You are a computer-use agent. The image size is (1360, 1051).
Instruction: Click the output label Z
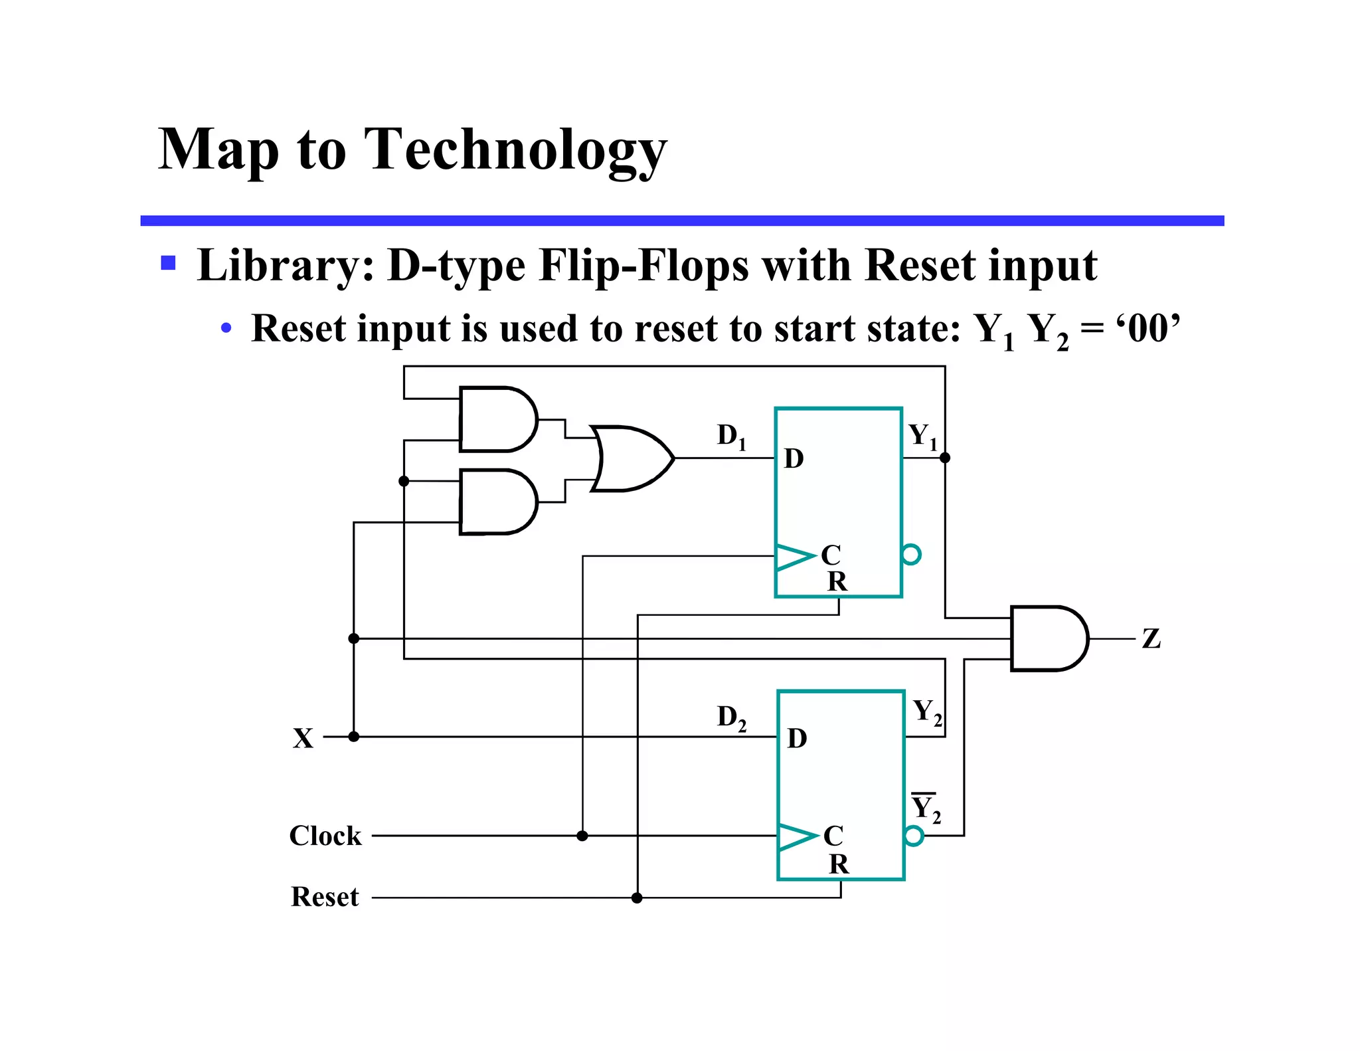click(x=1151, y=639)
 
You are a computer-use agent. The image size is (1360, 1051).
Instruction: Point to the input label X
click(x=303, y=738)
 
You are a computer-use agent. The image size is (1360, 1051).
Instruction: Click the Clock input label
click(x=325, y=836)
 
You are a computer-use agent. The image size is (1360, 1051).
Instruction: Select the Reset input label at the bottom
click(x=324, y=897)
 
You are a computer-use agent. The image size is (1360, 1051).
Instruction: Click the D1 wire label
click(x=731, y=436)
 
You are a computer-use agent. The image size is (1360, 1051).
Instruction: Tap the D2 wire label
click(x=731, y=718)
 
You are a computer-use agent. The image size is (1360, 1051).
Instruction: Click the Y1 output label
click(x=922, y=436)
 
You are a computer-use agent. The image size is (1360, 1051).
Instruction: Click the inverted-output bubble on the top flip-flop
click(x=912, y=555)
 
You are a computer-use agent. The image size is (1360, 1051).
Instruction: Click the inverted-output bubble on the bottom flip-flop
click(x=914, y=836)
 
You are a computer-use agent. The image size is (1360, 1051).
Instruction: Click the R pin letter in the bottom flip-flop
click(x=838, y=864)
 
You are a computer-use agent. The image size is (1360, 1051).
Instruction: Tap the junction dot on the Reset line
click(x=637, y=898)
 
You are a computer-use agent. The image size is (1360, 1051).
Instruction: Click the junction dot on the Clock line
click(x=582, y=836)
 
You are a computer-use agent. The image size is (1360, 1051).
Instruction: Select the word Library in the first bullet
click(x=284, y=266)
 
